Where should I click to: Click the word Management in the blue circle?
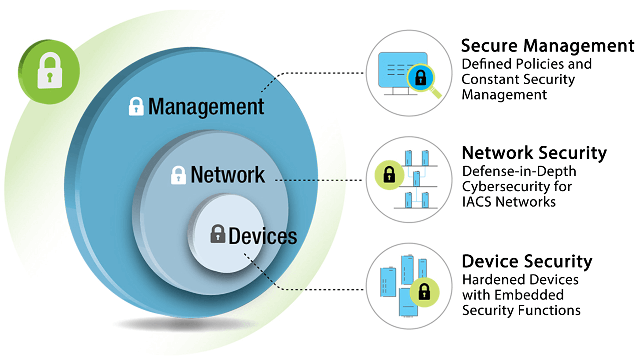[x=206, y=107]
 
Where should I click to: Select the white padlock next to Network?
[x=178, y=175]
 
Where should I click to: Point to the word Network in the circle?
[x=228, y=175]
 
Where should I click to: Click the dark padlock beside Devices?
[x=217, y=234]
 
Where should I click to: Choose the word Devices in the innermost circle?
[x=262, y=236]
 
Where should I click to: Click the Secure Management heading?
[x=547, y=46]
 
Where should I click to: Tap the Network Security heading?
[x=534, y=153]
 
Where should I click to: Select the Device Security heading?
[x=527, y=261]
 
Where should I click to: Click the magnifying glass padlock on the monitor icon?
[x=421, y=78]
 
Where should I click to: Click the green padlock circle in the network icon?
[x=387, y=175]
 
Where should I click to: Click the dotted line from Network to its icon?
[x=320, y=179]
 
